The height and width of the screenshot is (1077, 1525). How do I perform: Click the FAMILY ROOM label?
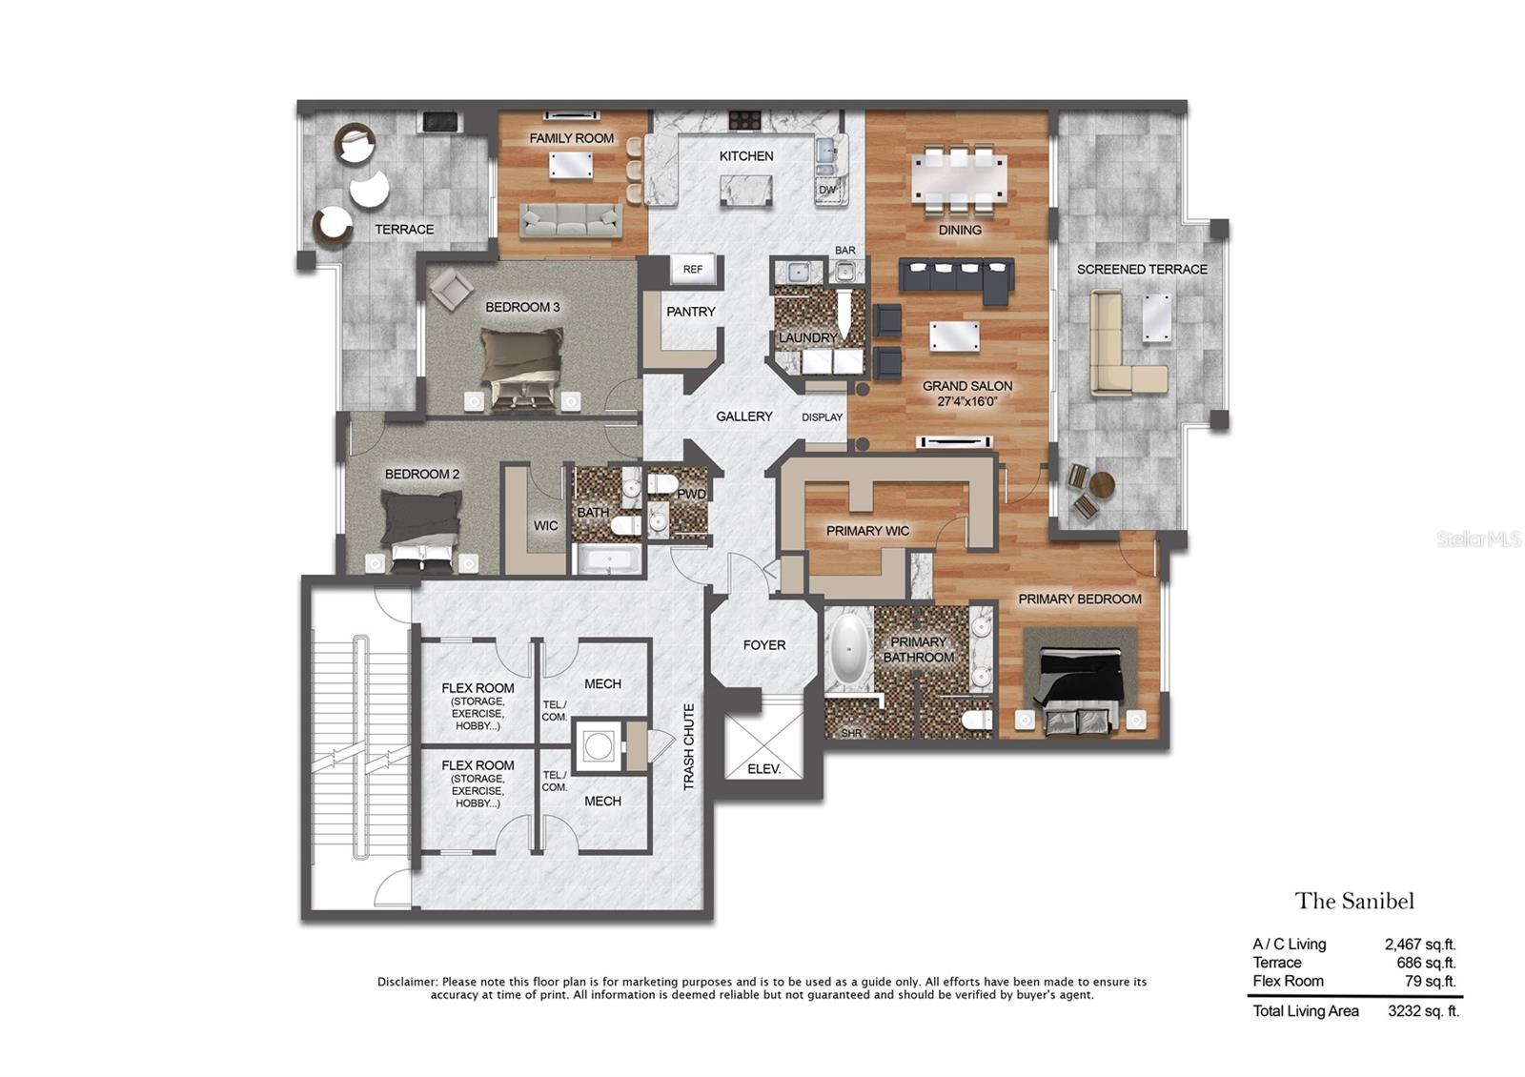coord(571,138)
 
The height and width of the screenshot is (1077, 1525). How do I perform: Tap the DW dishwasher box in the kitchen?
coord(827,189)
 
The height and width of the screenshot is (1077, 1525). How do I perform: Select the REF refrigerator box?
coord(693,270)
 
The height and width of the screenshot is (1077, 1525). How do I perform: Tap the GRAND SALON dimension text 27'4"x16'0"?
coord(966,401)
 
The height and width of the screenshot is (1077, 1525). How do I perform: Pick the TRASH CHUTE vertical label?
coord(689,747)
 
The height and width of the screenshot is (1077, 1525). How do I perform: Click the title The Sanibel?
coord(1353,901)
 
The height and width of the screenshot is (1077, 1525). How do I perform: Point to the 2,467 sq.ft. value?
coord(1420,945)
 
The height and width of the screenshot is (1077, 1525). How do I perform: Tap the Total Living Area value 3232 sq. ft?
coord(1423,1011)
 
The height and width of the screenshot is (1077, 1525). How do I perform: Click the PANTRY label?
coord(691,312)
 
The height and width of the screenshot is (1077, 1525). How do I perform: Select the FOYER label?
coord(764,645)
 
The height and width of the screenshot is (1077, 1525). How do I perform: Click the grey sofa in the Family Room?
coord(570,220)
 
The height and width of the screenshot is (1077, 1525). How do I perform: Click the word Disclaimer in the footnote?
coord(407,982)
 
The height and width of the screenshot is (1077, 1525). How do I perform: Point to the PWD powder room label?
coord(692,494)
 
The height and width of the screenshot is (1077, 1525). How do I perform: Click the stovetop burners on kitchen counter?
coord(745,120)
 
